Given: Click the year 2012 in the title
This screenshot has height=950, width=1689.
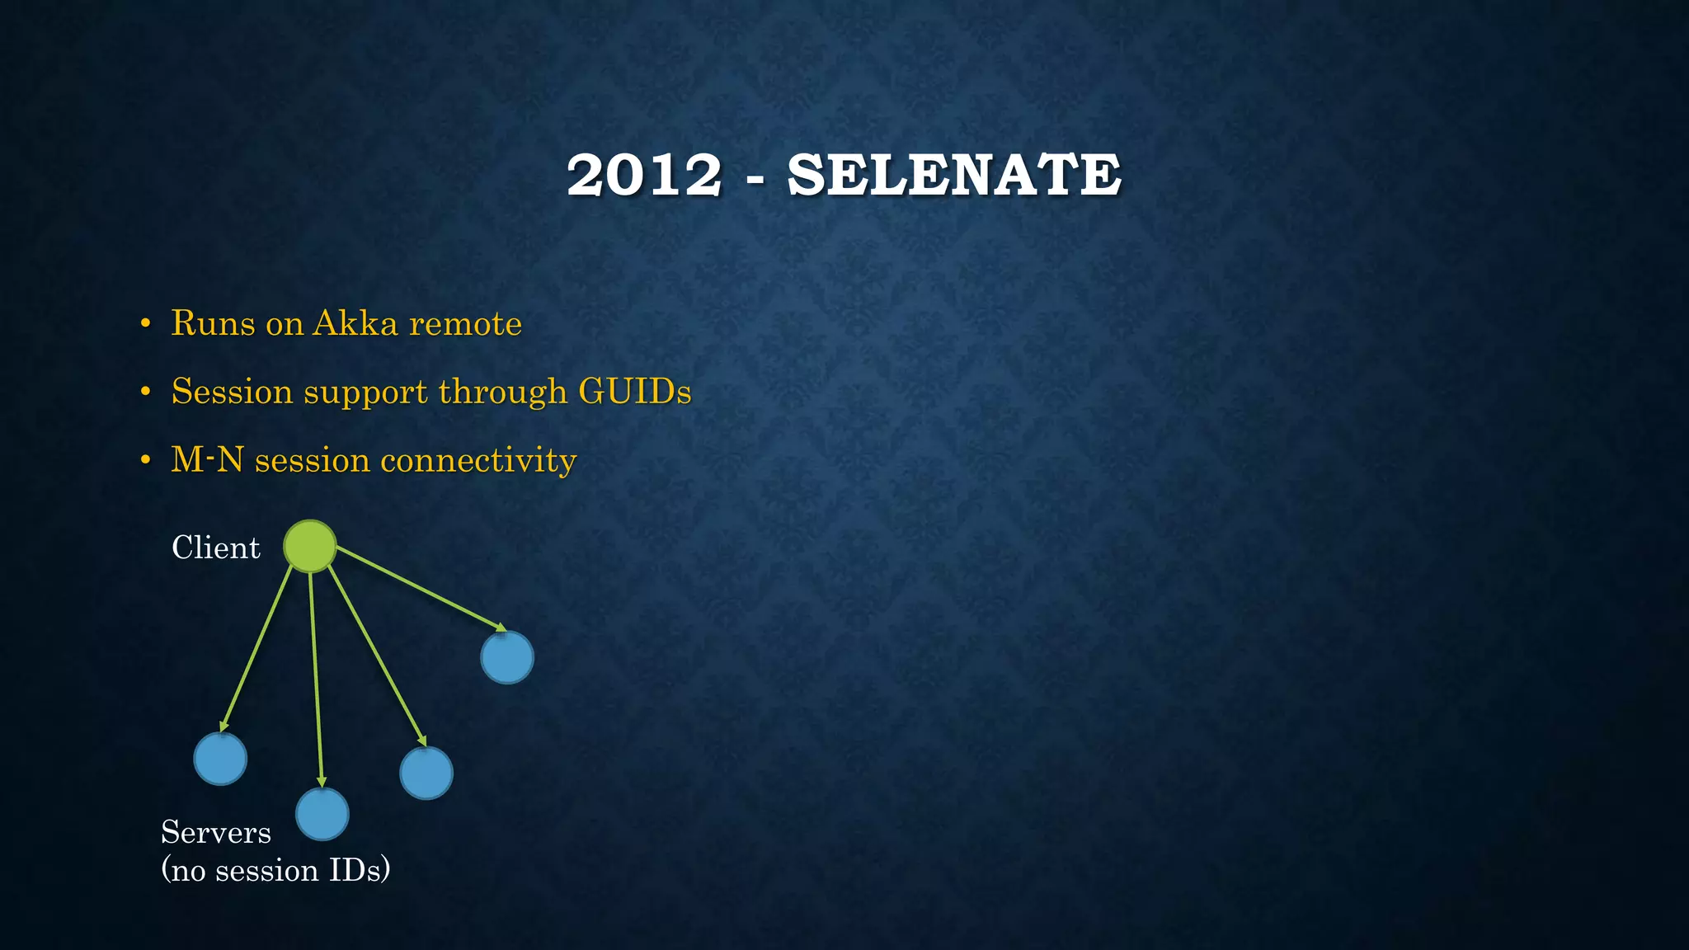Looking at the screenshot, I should pos(644,176).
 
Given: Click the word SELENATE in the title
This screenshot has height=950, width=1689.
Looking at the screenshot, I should pos(954,176).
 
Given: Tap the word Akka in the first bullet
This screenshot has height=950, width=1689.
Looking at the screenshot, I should pos(355,323).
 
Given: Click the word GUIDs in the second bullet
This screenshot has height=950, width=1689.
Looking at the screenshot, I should pos(634,391).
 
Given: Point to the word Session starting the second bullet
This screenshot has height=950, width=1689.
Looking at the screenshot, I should pos(232,391).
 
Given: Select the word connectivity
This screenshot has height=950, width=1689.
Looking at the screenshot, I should pos(478,459).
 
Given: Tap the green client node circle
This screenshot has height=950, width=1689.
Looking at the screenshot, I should pos(310,546).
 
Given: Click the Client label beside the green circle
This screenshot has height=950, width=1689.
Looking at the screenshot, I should pos(215,548).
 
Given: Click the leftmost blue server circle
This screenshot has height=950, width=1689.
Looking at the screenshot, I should pos(220,759).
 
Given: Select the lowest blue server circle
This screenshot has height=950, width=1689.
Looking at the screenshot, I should pos(322,814).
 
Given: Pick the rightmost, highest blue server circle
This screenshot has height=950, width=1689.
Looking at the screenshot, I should pos(507,657).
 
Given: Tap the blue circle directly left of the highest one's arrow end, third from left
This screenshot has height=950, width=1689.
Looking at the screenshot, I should pos(426,773).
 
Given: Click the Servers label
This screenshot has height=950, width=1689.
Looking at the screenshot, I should pos(216,832).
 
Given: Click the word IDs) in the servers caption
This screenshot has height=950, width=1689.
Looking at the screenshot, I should pos(359,870).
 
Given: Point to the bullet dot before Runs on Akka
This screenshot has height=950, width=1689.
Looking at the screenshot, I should pos(145,324).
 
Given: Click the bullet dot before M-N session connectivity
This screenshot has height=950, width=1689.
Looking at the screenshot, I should pos(145,460).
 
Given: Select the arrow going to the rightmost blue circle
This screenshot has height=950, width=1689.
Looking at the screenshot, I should pos(421,589).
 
